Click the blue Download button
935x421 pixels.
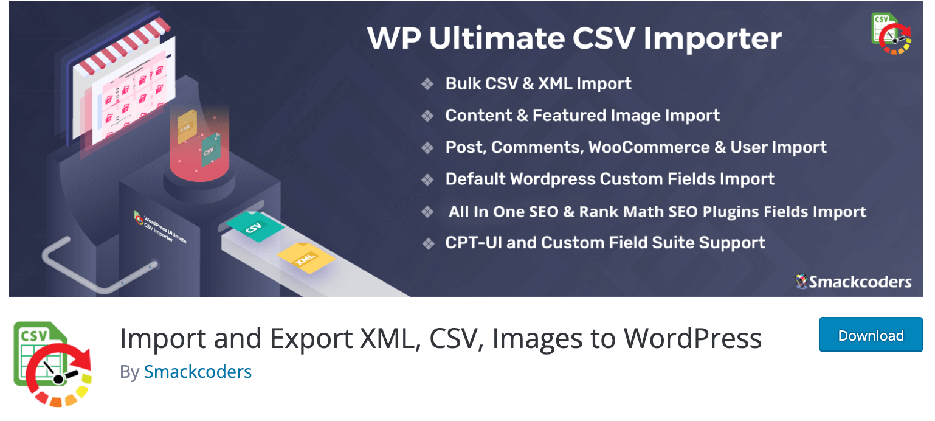[871, 335]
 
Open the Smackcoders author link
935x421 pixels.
[198, 372]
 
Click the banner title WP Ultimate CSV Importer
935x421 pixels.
[574, 38]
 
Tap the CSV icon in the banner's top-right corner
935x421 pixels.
[891, 33]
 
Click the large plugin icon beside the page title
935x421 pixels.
[53, 364]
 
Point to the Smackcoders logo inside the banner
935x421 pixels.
[853, 282]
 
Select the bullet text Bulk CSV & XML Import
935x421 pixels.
[538, 83]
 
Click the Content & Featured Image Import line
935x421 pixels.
[582, 116]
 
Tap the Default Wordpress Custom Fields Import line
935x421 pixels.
[610, 179]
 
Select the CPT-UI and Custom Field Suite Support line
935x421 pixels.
[606, 243]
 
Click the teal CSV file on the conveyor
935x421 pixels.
[255, 226]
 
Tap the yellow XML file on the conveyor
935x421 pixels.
[306, 258]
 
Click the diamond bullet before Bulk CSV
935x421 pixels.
[427, 84]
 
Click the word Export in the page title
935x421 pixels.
[311, 339]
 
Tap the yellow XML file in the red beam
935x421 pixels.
[187, 127]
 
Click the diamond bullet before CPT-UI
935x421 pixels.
[428, 243]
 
